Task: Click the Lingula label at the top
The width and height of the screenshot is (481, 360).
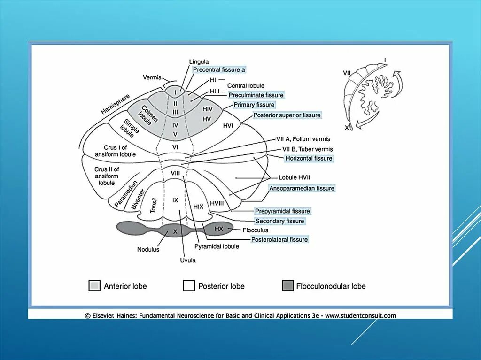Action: coord(199,61)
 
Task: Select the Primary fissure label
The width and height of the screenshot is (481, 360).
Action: coord(254,105)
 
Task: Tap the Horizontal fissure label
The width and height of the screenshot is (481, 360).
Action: coord(309,158)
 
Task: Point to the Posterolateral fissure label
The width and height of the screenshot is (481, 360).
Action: coord(279,239)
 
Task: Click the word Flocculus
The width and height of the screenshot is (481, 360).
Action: coord(255,230)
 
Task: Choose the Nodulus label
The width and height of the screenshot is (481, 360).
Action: coord(148,249)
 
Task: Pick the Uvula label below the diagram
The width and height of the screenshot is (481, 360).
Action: coord(187,260)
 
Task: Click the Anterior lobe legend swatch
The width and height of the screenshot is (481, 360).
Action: coord(94,286)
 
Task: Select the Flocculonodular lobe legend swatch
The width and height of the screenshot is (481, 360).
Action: coord(288,286)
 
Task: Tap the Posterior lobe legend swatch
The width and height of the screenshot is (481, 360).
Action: coord(189,286)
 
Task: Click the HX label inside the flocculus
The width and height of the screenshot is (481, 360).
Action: coord(219,229)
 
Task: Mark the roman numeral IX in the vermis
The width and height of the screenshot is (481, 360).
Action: coord(175,200)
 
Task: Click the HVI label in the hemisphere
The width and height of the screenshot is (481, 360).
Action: coord(228,125)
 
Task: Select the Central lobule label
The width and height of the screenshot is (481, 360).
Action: coord(246,86)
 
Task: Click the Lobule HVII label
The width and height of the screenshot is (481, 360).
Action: coord(295,177)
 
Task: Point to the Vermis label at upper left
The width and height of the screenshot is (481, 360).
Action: coord(152,77)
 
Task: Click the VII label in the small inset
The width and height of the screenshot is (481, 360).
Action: coord(347,73)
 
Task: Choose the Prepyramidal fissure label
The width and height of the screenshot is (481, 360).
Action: coord(282,211)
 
